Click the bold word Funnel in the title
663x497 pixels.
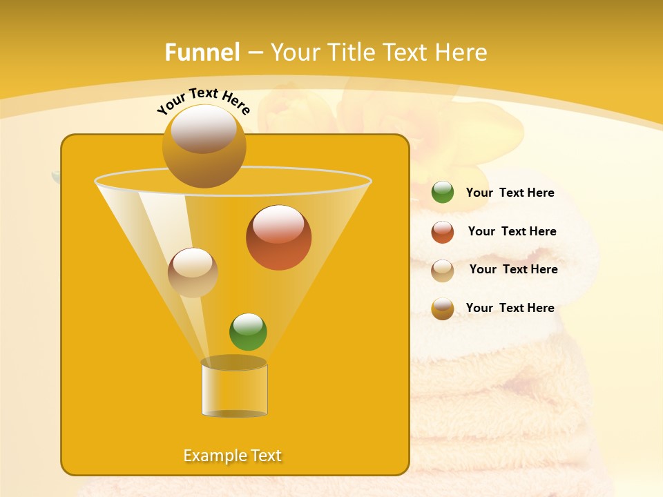point(202,52)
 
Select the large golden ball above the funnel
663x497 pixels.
point(204,146)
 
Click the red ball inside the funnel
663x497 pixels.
point(278,237)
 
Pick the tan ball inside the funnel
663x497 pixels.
point(193,273)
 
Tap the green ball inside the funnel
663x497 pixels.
point(248,332)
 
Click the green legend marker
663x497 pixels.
point(443,193)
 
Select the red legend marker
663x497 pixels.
point(443,232)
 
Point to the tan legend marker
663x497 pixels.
point(443,270)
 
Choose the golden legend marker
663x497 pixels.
point(443,309)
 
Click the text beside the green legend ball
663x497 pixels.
point(510,193)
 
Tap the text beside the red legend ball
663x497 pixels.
point(512,231)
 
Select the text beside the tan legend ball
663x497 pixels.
point(513,269)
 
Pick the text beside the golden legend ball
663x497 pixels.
point(510,308)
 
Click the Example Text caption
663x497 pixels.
point(233,456)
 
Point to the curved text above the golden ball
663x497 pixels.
point(203,99)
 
